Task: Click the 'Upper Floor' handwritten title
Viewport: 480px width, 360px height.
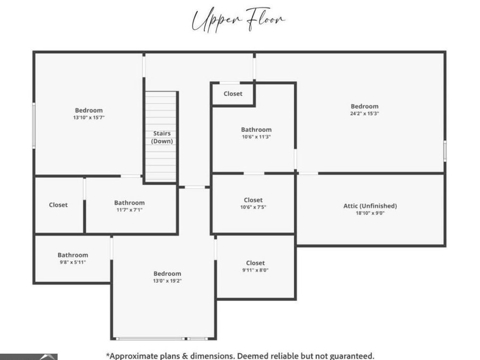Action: tap(238, 20)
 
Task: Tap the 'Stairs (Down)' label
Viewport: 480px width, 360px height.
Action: tap(162, 137)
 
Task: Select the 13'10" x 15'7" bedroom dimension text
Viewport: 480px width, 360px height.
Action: tap(89, 117)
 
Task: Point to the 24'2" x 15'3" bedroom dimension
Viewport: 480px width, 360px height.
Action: tap(365, 113)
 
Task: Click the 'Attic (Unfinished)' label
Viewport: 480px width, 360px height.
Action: tap(370, 206)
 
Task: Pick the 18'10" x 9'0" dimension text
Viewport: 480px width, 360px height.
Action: tap(370, 213)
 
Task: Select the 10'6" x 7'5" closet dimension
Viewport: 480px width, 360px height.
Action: tap(253, 207)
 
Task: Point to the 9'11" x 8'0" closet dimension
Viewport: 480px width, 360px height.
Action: tap(255, 270)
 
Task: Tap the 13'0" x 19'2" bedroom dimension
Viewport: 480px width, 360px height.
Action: tap(167, 281)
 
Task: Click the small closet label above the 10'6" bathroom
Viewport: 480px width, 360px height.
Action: tap(233, 94)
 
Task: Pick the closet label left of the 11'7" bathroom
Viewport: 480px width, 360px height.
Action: tap(58, 205)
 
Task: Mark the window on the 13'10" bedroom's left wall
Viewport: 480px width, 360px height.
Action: tap(34, 126)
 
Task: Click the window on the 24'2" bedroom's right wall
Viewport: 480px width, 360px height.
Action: tap(445, 151)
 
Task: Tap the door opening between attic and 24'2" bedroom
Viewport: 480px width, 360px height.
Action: tap(308, 173)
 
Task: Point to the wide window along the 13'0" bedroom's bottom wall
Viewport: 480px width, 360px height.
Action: tap(150, 339)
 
